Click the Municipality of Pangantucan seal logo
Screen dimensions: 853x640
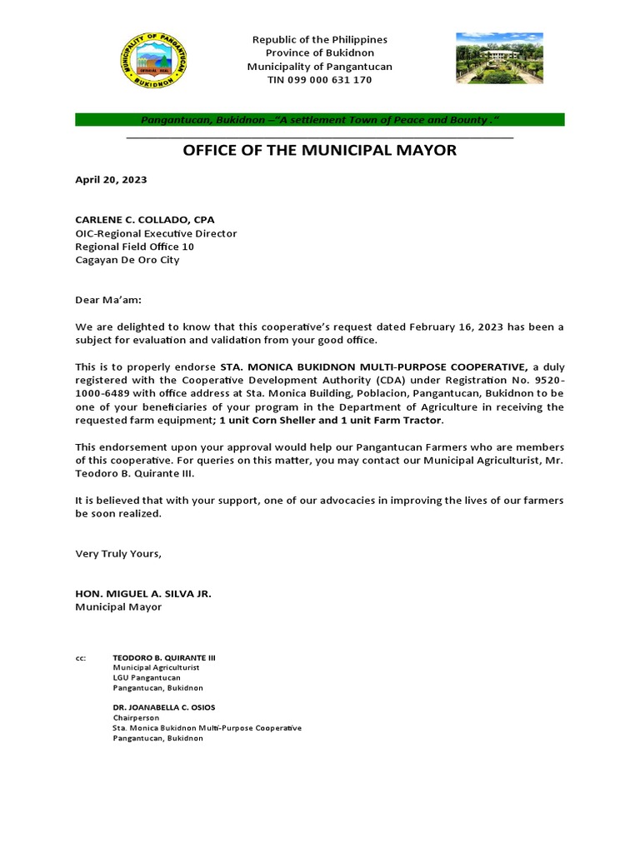pos(154,61)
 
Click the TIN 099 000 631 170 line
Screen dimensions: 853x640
pos(320,80)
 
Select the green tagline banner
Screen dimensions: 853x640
pos(320,120)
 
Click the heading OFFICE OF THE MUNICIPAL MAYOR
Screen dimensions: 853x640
pos(320,151)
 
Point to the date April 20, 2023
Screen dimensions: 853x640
pos(111,179)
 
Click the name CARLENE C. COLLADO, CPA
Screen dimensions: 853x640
pos(145,220)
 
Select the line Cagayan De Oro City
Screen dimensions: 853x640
pos(127,260)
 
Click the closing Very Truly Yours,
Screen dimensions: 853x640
pos(118,553)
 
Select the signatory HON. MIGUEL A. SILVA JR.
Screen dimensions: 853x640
pos(143,593)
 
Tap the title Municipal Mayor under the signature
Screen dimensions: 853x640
pos(118,606)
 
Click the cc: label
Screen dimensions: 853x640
pos(81,658)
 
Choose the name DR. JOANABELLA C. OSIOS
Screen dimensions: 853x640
pos(164,707)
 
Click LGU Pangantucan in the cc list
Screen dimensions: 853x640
pos(147,678)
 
